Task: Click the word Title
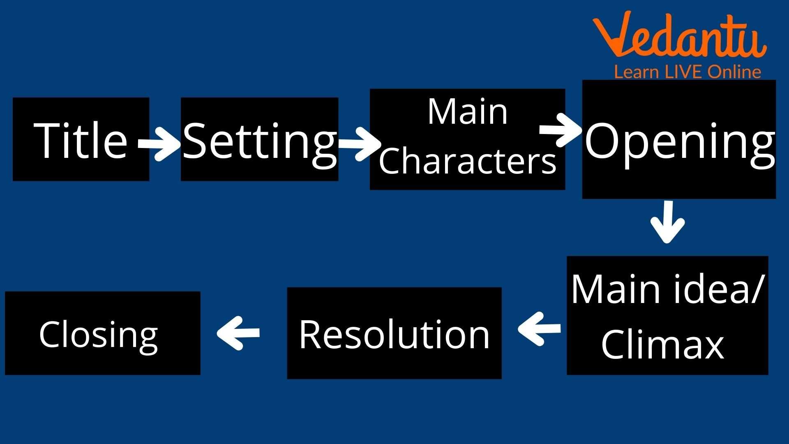[81, 140]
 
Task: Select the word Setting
[260, 142]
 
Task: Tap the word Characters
[467, 161]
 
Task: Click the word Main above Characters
[468, 111]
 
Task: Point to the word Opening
[680, 142]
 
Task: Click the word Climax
[662, 344]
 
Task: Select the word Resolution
[394, 334]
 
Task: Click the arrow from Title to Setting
[159, 143]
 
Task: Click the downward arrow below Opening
[668, 222]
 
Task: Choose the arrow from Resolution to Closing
[238, 332]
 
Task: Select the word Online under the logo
[734, 72]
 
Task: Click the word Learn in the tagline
[636, 72]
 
